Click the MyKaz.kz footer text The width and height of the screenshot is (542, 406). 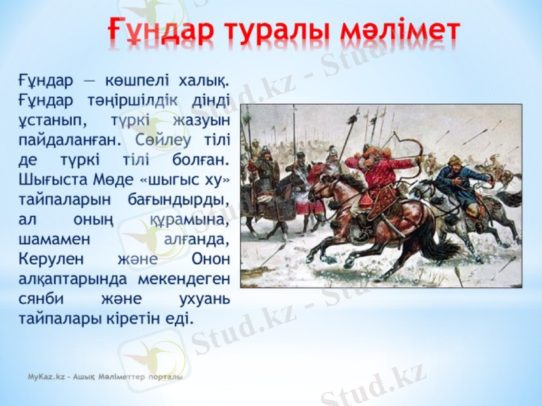105,376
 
